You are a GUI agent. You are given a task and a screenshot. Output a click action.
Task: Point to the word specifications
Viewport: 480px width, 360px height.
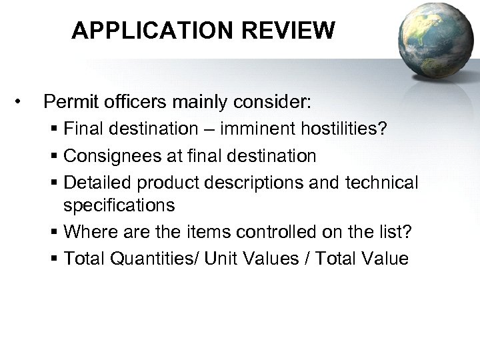pyautogui.click(x=119, y=205)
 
